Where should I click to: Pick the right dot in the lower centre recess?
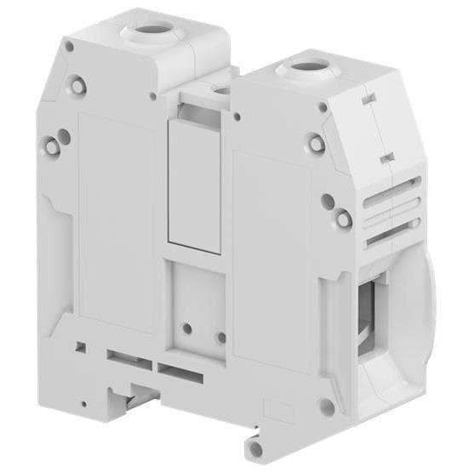[221, 337]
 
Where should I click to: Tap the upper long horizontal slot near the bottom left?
[128, 354]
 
